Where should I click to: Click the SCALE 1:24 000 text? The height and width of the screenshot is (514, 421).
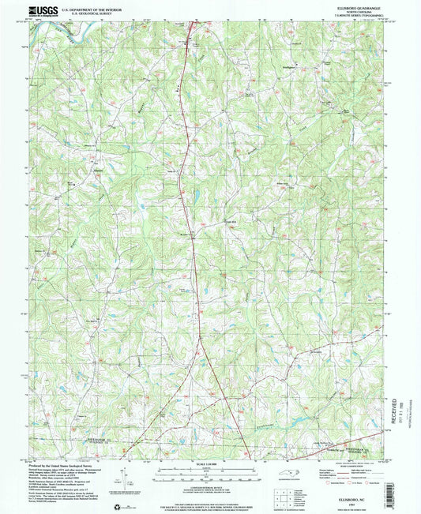point(210,464)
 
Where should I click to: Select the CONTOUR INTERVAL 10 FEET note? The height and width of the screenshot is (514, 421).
point(210,487)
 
